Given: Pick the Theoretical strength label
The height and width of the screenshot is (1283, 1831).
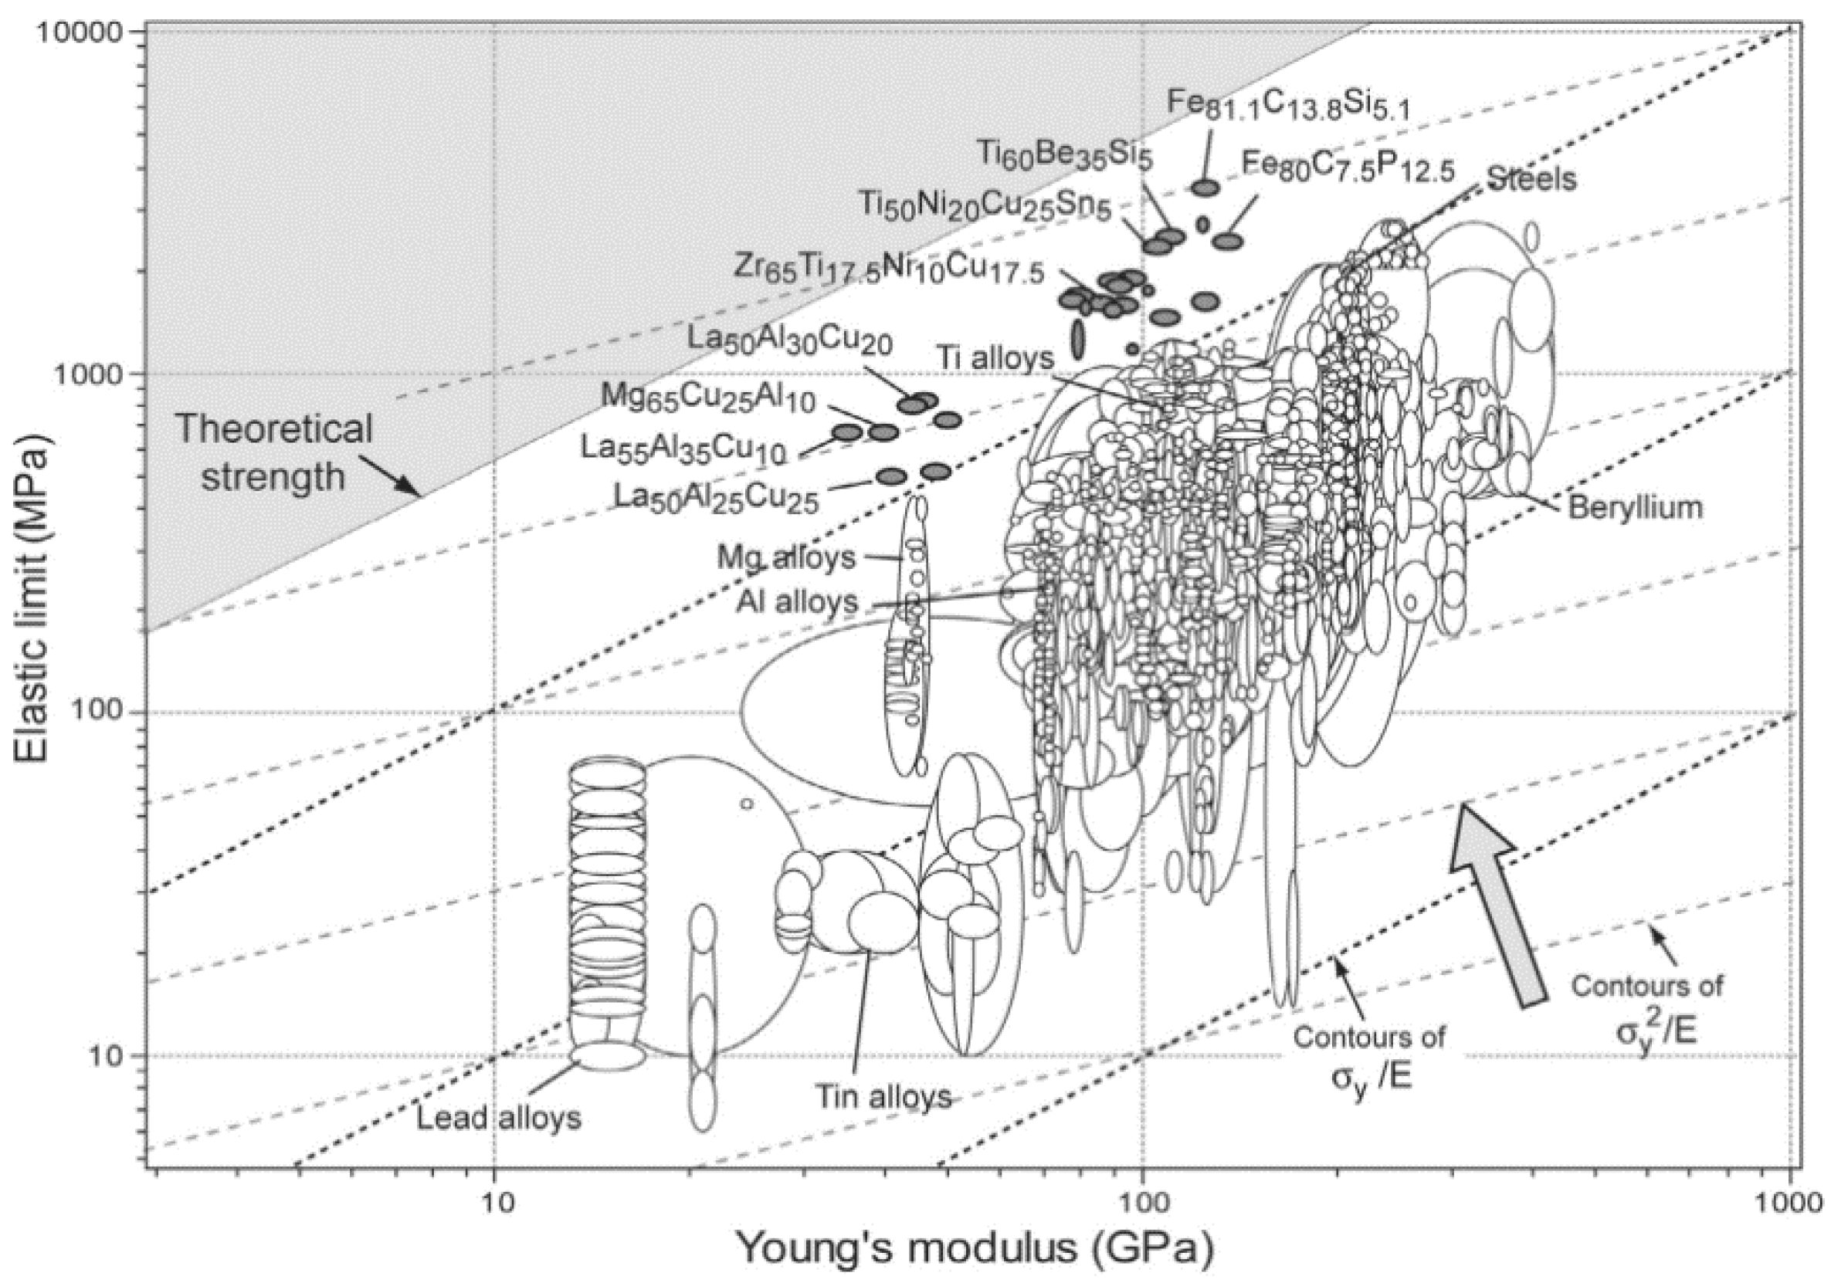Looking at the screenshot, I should point(273,452).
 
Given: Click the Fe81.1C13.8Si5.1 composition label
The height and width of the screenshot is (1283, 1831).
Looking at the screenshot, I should point(1288,104).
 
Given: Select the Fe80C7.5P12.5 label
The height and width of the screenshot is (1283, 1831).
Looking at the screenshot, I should point(1348,168).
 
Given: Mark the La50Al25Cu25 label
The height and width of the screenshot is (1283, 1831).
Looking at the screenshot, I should point(716,498).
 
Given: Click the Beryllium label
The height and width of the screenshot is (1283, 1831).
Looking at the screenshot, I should point(1635,507).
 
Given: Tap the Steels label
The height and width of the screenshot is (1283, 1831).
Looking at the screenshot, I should point(1532,178).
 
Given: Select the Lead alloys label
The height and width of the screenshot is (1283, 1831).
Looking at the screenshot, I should point(499,1118).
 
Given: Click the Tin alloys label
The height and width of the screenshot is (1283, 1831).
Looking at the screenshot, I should point(883,1096).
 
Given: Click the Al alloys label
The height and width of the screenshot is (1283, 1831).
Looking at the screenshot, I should point(797,601).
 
